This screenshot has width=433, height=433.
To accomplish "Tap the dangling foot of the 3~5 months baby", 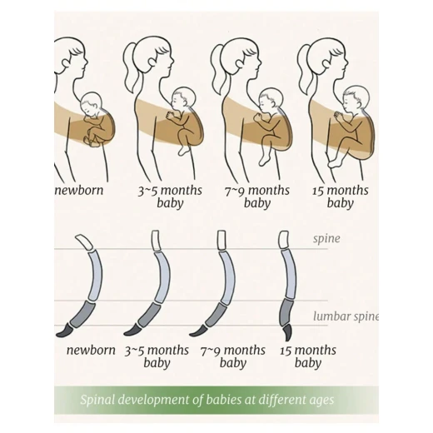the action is click(x=183, y=150).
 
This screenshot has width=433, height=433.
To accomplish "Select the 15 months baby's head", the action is click(x=356, y=97).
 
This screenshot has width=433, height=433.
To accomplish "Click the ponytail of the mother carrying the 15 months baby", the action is click(x=305, y=69).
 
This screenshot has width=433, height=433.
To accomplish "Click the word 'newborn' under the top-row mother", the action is click(x=79, y=191).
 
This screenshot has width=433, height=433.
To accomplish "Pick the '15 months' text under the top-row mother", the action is click(x=341, y=191).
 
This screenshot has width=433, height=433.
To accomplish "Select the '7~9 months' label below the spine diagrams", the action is click(x=232, y=351).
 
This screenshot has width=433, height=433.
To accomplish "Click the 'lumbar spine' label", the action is click(x=346, y=316).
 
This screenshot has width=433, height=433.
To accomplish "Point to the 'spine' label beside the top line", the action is click(x=326, y=239).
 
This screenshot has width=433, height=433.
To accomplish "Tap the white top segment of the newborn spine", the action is click(x=84, y=241).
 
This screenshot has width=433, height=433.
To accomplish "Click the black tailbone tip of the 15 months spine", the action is click(x=288, y=332).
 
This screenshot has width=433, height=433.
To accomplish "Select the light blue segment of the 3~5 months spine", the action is click(x=163, y=276).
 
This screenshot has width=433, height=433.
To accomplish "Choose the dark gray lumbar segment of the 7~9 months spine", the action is click(x=217, y=315).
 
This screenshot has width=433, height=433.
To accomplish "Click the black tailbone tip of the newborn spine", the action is click(x=64, y=331).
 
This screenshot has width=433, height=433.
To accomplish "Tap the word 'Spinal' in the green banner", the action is click(x=97, y=400).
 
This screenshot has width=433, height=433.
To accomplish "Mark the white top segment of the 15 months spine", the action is click(x=283, y=240).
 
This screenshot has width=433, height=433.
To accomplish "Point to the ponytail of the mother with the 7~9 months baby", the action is click(x=217, y=69).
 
